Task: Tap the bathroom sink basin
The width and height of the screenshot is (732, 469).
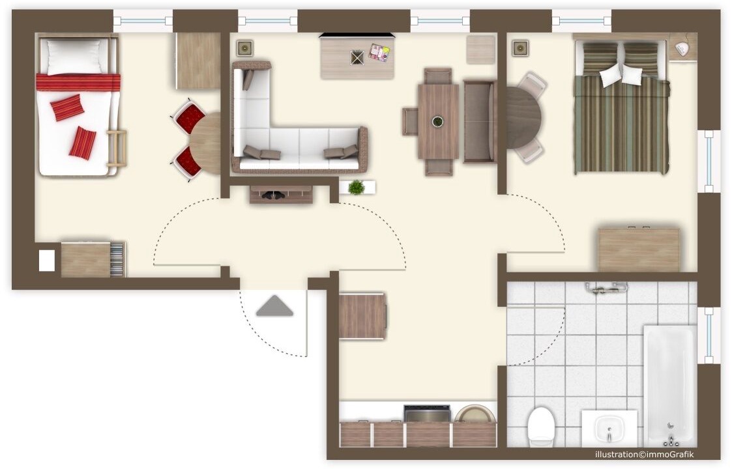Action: click(609, 429)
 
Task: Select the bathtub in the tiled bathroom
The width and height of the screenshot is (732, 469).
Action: click(670, 386)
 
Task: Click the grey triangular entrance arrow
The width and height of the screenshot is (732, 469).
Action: click(274, 306)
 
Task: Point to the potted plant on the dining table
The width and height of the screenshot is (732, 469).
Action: click(437, 121)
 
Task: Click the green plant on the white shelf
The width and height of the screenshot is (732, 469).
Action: click(356, 187)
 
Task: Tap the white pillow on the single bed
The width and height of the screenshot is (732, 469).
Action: click(74, 57)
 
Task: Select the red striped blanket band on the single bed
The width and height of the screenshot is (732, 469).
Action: click(78, 82)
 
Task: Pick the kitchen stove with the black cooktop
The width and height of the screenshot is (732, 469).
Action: click(427, 414)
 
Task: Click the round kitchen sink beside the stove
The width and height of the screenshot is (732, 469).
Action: click(475, 414)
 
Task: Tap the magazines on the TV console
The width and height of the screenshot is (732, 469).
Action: click(379, 52)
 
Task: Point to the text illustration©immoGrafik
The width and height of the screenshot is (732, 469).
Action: click(644, 454)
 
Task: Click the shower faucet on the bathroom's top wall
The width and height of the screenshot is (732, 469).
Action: click(606, 288)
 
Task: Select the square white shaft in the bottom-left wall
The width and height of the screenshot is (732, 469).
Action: click(47, 261)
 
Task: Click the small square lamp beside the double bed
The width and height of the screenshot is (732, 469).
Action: click(520, 48)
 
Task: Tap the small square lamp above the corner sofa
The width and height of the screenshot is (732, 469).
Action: click(244, 48)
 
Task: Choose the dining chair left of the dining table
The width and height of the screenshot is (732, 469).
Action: click(410, 121)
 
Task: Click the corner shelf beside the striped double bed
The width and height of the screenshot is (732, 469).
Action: click(683, 47)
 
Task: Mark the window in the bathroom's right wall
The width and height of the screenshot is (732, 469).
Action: click(709, 335)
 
